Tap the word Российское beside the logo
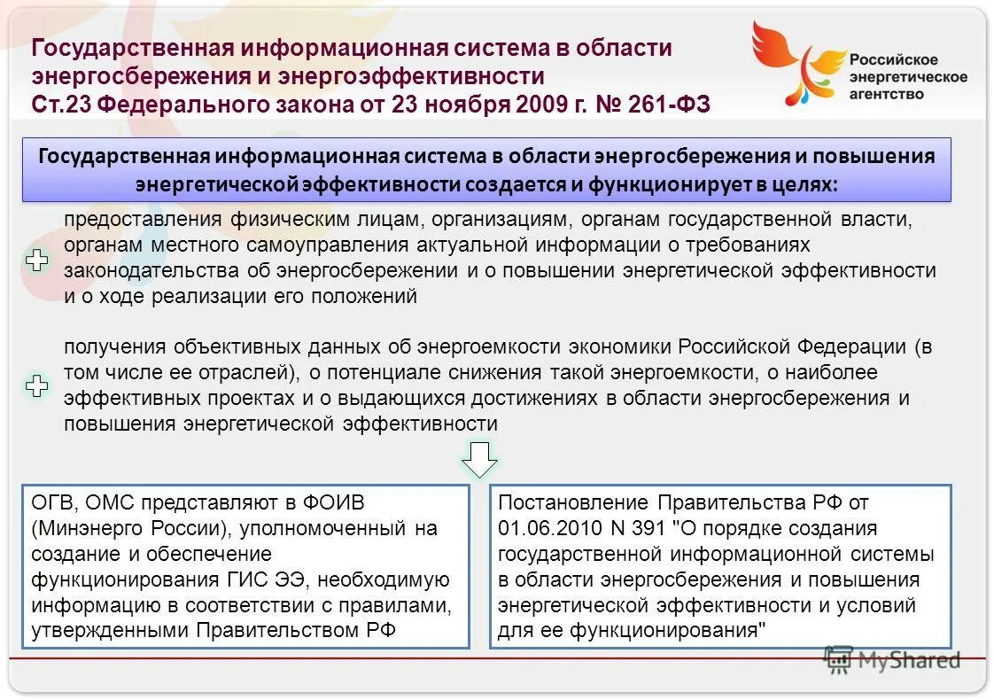click(x=894, y=59)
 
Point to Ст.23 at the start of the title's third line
click(x=61, y=105)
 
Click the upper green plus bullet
click(x=36, y=261)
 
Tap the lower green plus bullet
click(x=36, y=385)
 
